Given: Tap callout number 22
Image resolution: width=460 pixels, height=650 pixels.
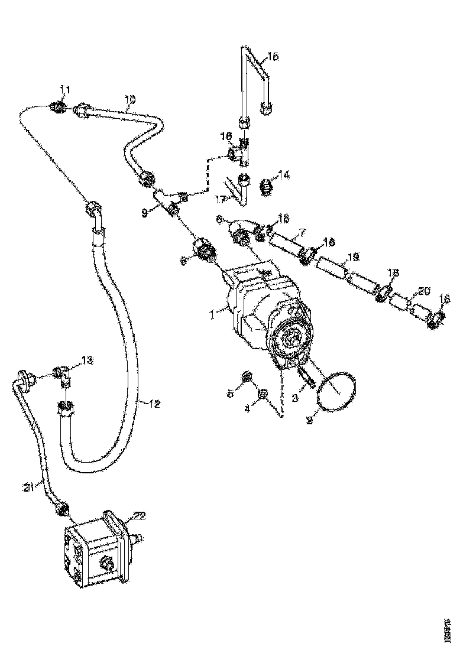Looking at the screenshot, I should click(x=138, y=516).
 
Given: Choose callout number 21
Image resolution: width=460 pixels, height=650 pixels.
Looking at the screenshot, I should click(x=30, y=486).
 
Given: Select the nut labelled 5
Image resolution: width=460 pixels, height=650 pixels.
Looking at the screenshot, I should click(x=247, y=376).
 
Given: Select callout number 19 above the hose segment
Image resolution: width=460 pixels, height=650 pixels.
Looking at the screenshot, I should click(x=354, y=257).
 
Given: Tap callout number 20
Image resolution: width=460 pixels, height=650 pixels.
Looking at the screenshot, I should click(x=424, y=291).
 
